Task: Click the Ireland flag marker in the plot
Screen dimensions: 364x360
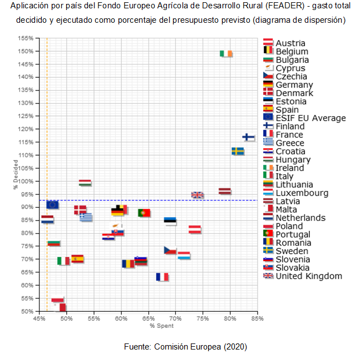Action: [226, 54]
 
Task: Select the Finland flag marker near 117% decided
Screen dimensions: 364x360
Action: [249, 137]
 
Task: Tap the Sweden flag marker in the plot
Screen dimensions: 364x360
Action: [238, 151]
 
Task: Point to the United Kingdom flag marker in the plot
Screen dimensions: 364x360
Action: [198, 195]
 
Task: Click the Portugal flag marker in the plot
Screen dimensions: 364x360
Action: [144, 213]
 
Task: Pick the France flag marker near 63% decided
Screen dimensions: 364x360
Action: [162, 277]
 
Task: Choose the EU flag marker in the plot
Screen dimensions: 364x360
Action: [52, 205]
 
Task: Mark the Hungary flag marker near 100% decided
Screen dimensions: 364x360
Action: [85, 182]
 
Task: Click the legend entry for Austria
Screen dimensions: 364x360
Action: [290, 43]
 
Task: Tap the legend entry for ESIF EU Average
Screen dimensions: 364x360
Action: [310, 118]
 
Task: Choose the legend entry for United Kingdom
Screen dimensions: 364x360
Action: [309, 276]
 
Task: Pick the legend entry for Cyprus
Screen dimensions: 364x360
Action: [290, 68]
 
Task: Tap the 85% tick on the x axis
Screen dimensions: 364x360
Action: [257, 319]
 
